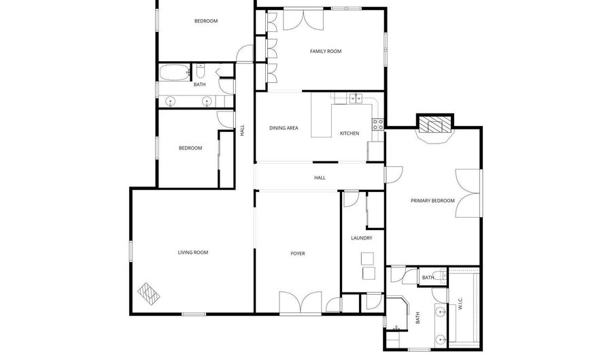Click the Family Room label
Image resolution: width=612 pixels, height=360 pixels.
[x=326, y=51]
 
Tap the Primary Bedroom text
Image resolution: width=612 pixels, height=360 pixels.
[x=432, y=201]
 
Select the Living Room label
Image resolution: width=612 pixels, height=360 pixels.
[x=193, y=252]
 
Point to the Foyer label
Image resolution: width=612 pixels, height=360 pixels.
[x=298, y=254]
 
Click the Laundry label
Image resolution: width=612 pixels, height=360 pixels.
[x=362, y=238]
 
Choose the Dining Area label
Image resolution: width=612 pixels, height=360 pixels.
[x=284, y=128]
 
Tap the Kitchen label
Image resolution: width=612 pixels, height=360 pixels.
[x=350, y=133]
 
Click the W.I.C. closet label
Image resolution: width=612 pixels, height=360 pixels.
[x=460, y=304]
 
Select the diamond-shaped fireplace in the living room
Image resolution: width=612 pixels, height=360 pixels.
[x=149, y=293]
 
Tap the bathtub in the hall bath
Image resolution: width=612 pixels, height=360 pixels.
[x=175, y=73]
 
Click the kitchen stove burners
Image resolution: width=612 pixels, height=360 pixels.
[x=377, y=125]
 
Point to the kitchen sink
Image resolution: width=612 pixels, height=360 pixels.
[x=356, y=99]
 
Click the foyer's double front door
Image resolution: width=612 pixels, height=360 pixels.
[x=300, y=302]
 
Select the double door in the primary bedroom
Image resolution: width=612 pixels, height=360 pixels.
[x=469, y=193]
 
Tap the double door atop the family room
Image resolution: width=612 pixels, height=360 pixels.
[x=303, y=20]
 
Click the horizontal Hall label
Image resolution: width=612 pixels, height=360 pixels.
[x=320, y=178]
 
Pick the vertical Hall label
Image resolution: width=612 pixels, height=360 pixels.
[x=242, y=131]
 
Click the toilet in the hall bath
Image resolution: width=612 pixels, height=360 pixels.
[x=200, y=71]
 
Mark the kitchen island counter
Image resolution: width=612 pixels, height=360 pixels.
[x=321, y=115]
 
